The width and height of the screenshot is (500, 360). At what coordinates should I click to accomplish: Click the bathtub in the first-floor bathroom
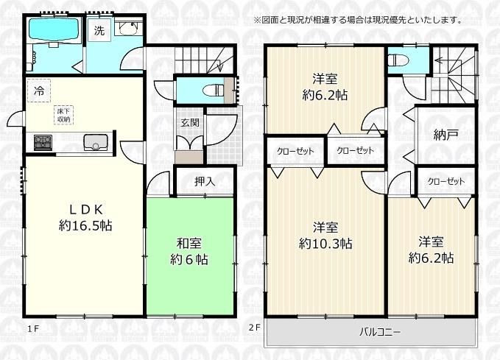pos(54,29)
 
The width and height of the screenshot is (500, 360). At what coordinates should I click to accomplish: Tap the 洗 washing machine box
pos(99,30)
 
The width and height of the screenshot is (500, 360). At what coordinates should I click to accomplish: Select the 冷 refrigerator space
pos(38,91)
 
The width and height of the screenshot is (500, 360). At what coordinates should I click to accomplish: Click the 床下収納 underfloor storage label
pos(64,115)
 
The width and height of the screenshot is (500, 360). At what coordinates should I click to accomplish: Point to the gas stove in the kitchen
pos(43,143)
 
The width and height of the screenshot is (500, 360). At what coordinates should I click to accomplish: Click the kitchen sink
pos(96,142)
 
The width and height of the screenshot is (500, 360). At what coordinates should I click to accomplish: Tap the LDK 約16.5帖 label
pos(85,217)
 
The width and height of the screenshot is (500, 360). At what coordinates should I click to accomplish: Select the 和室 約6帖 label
pos(189,252)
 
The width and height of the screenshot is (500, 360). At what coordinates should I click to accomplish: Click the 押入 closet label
pos(205,181)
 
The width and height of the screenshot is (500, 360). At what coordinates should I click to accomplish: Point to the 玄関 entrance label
pos(190,122)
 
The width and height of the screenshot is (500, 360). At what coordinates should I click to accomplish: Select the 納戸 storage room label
pos(446,135)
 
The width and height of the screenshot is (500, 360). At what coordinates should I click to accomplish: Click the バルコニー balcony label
pos(380,332)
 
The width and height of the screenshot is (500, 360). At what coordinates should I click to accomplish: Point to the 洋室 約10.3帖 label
pos(325,236)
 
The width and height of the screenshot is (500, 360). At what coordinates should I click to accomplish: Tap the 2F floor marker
pos(255,327)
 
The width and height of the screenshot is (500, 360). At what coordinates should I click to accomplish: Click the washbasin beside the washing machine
pos(128,29)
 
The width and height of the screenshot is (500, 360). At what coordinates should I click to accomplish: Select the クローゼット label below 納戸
pos(446,182)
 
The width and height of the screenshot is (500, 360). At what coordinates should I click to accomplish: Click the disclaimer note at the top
pos(358,21)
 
